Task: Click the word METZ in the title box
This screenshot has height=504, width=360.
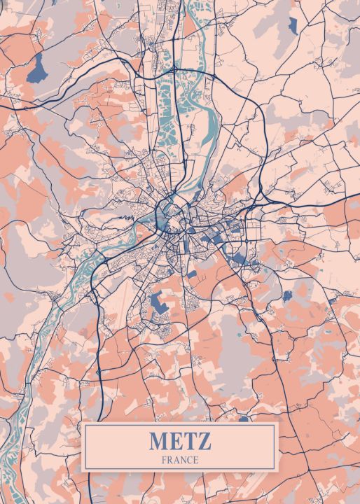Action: [179, 442]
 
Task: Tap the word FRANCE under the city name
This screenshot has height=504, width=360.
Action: [179, 460]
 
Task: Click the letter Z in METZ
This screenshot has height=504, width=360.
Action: [203, 442]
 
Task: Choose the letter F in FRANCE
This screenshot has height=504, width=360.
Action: [164, 460]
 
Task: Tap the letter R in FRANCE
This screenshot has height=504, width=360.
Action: [170, 460]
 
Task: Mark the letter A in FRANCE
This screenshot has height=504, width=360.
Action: [176, 460]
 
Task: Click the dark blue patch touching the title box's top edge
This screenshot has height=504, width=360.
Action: [243, 419]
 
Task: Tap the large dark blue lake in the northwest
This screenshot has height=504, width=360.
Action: [36, 68]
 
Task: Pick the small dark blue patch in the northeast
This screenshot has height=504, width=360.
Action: [293, 25]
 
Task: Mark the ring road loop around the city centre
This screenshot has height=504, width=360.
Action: [169, 210]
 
